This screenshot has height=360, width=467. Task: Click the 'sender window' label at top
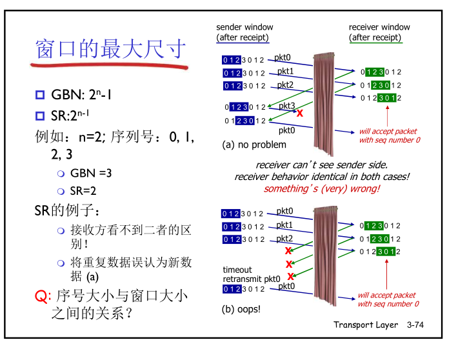click(244, 27)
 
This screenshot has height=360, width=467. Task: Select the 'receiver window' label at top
click(379, 27)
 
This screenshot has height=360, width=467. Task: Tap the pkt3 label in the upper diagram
click(287, 106)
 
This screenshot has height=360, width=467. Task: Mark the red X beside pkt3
click(300, 113)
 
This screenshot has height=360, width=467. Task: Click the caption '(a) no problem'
click(253, 145)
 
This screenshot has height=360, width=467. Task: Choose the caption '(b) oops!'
click(241, 309)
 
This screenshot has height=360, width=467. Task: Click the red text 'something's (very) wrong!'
click(322, 188)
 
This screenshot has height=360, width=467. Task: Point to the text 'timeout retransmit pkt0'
click(252, 274)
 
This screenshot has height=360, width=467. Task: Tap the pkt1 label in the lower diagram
click(284, 225)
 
